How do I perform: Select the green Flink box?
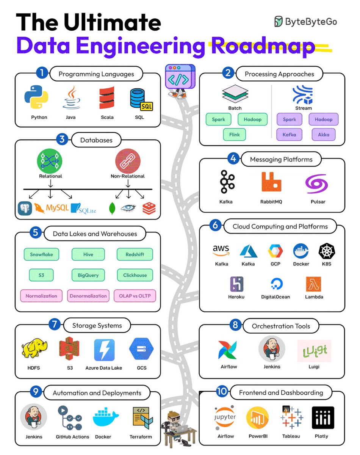pos(234,134)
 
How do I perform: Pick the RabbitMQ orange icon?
pos(272,182)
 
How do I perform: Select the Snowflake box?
pos(41,254)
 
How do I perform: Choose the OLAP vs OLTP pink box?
pos(135,296)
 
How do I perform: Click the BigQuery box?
pos(88,275)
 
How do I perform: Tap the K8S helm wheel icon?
pos(326,251)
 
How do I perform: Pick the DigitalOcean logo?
pos(275,284)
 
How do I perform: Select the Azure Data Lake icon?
pos(104,350)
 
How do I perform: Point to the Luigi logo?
pos(315,350)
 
